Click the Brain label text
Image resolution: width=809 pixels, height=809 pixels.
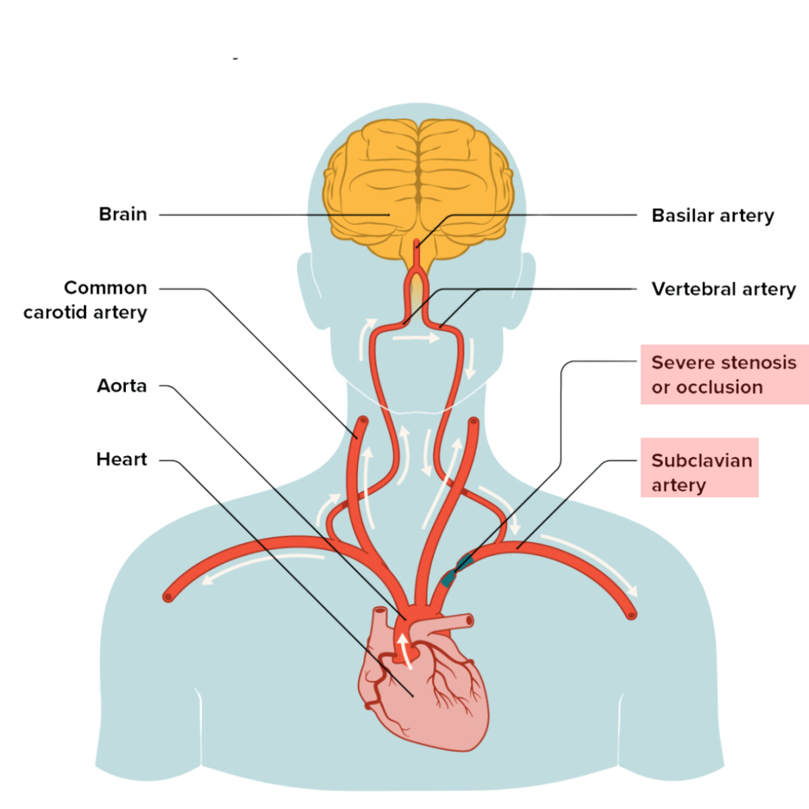coord(123,214)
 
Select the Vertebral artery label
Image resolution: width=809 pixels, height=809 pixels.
coord(724,289)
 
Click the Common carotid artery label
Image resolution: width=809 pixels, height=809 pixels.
coord(86,300)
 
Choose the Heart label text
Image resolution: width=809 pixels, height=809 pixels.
coord(121,459)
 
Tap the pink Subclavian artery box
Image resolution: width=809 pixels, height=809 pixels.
coord(699,468)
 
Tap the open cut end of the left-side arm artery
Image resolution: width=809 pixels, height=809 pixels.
coord(168,597)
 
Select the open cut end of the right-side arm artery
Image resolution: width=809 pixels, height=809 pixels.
coord(632,615)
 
